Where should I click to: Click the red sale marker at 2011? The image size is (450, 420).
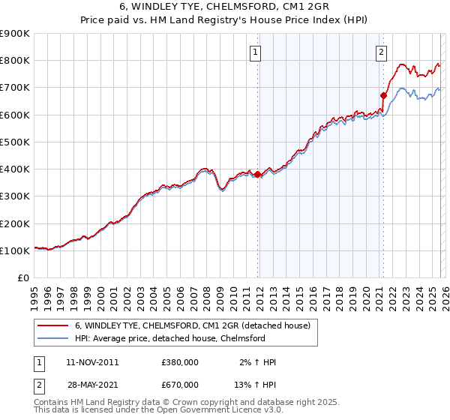pos(258,174)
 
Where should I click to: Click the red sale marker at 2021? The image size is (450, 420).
pos(383,95)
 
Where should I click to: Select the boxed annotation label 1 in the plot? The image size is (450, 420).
pos(256,52)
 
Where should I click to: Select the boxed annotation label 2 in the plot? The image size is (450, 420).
pos(381,52)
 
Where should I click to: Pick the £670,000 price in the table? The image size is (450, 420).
pos(180,385)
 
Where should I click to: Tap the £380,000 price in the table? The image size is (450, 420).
pos(180,362)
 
